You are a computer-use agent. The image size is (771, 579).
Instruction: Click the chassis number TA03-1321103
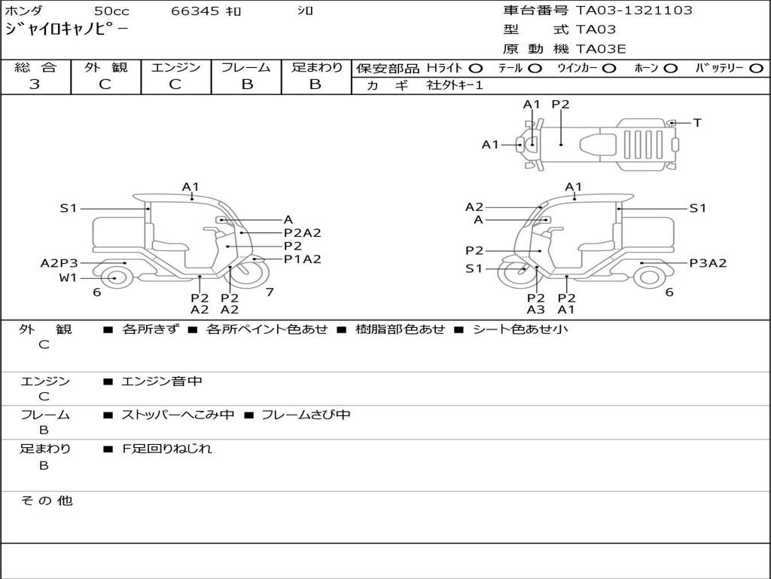coord(634,11)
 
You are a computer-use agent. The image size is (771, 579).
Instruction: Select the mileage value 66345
coord(195,11)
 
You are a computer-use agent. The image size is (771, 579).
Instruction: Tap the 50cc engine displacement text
coord(111,11)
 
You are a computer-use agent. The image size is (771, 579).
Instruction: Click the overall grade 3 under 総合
coord(35,84)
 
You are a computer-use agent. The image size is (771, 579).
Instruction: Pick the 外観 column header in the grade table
coord(105,68)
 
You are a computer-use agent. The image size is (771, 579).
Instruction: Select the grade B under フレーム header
coord(246,84)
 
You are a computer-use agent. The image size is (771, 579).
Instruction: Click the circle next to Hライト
coord(476,69)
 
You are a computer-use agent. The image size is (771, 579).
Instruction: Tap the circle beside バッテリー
coord(756,69)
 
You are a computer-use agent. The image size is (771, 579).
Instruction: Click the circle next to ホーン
coord(671,69)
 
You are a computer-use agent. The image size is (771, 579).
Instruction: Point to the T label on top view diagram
coord(697,123)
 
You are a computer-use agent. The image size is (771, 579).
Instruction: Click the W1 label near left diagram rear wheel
coord(69,278)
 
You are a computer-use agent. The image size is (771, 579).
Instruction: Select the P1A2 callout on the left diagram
coord(303,259)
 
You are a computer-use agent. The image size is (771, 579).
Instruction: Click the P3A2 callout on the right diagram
coord(708,263)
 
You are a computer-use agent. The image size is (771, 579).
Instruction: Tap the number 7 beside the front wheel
coord(270,292)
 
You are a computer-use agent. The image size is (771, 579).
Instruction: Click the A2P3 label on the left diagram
coord(59,263)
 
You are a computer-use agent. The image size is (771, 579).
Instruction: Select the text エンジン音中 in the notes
coord(162,381)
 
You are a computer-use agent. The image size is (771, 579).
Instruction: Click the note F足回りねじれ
coord(167,449)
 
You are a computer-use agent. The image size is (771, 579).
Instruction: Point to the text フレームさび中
coord(306,415)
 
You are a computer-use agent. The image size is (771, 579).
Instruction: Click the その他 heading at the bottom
coord(46,501)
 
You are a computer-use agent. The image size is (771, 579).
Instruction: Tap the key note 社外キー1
coord(455,86)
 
